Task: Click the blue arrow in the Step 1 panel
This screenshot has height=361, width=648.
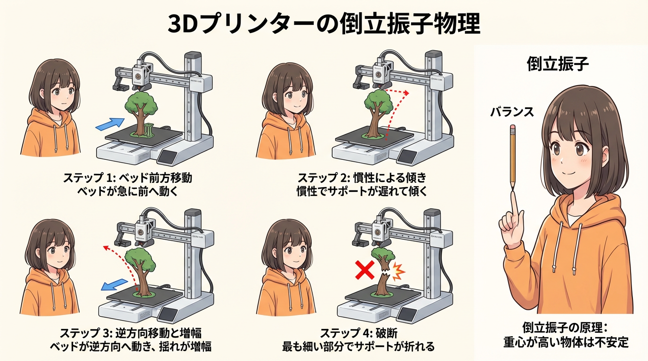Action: click(110, 124)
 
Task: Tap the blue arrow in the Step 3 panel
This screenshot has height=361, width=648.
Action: click(114, 284)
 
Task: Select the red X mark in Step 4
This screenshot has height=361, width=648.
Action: click(365, 270)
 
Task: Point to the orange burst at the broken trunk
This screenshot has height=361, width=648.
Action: click(398, 272)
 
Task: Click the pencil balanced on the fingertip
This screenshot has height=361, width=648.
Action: click(513, 157)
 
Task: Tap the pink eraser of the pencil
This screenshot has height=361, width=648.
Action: click(513, 128)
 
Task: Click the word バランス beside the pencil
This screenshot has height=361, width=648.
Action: click(512, 112)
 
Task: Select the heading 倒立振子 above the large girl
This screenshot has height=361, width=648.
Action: click(558, 63)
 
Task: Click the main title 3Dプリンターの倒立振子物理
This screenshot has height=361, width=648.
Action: click(324, 24)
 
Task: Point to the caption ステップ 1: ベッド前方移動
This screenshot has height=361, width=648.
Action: click(128, 178)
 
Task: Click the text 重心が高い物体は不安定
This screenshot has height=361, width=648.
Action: click(566, 343)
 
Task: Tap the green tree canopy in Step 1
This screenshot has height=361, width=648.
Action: click(141, 103)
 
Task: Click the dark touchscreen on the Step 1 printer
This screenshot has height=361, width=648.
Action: click(168, 156)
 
